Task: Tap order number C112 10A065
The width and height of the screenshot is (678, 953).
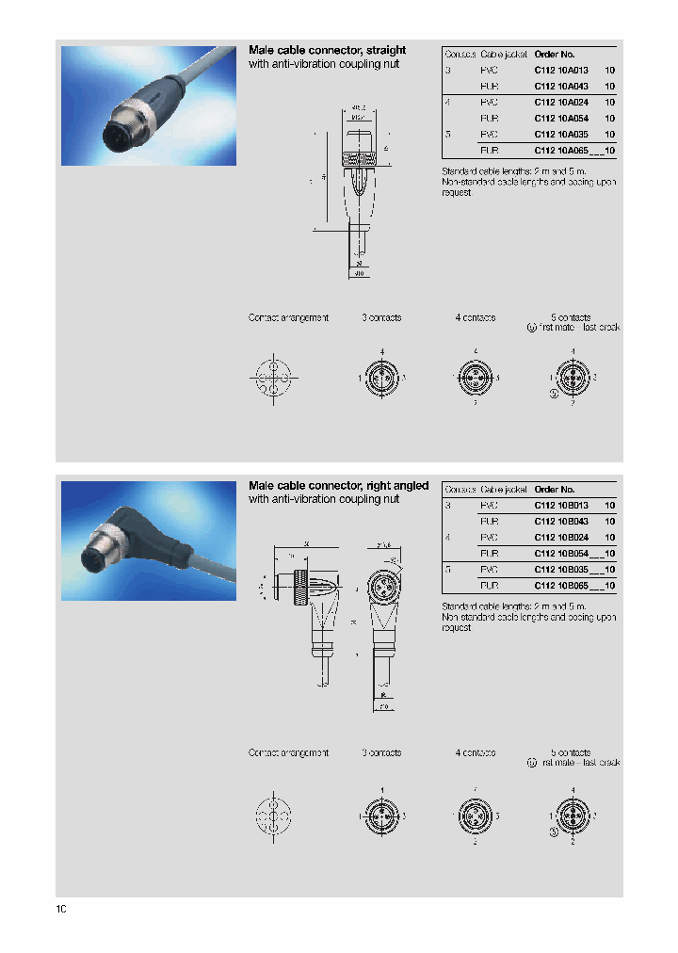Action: [x=561, y=150]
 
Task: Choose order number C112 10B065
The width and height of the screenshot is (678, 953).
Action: [x=561, y=585]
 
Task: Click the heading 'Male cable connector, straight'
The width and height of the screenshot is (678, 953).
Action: [x=327, y=50]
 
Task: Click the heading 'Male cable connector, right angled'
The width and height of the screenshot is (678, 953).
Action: [x=338, y=486]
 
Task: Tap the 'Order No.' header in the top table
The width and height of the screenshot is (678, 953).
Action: [x=554, y=54]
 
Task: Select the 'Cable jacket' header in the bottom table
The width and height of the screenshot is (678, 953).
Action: [x=504, y=490]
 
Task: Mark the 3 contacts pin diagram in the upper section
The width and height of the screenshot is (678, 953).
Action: [x=381, y=378]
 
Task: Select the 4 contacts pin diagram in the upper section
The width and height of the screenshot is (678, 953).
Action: [x=475, y=378]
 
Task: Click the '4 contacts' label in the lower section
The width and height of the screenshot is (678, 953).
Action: [x=475, y=753]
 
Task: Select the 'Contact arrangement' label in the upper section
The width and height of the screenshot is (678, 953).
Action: [x=288, y=318]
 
